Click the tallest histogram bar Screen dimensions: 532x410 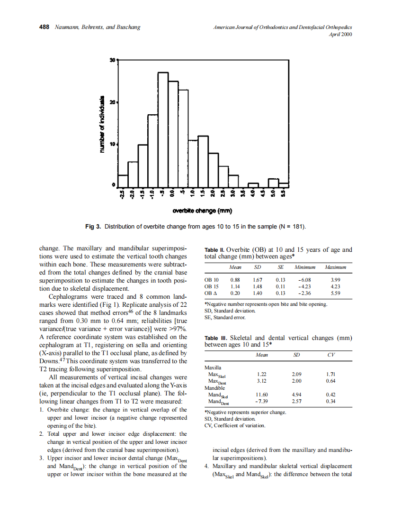pyautogui.click(x=163, y=128)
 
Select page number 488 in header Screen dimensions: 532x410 pyautogui.click(x=44, y=27)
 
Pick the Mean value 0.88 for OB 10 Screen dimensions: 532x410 pyautogui.click(x=235, y=280)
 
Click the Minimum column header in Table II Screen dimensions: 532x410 pyautogui.click(x=305, y=267)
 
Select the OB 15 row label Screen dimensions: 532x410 pyautogui.click(x=211, y=286)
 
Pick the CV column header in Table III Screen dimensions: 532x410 pyautogui.click(x=330, y=355)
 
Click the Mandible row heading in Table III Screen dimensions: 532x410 pyautogui.click(x=214, y=387)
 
